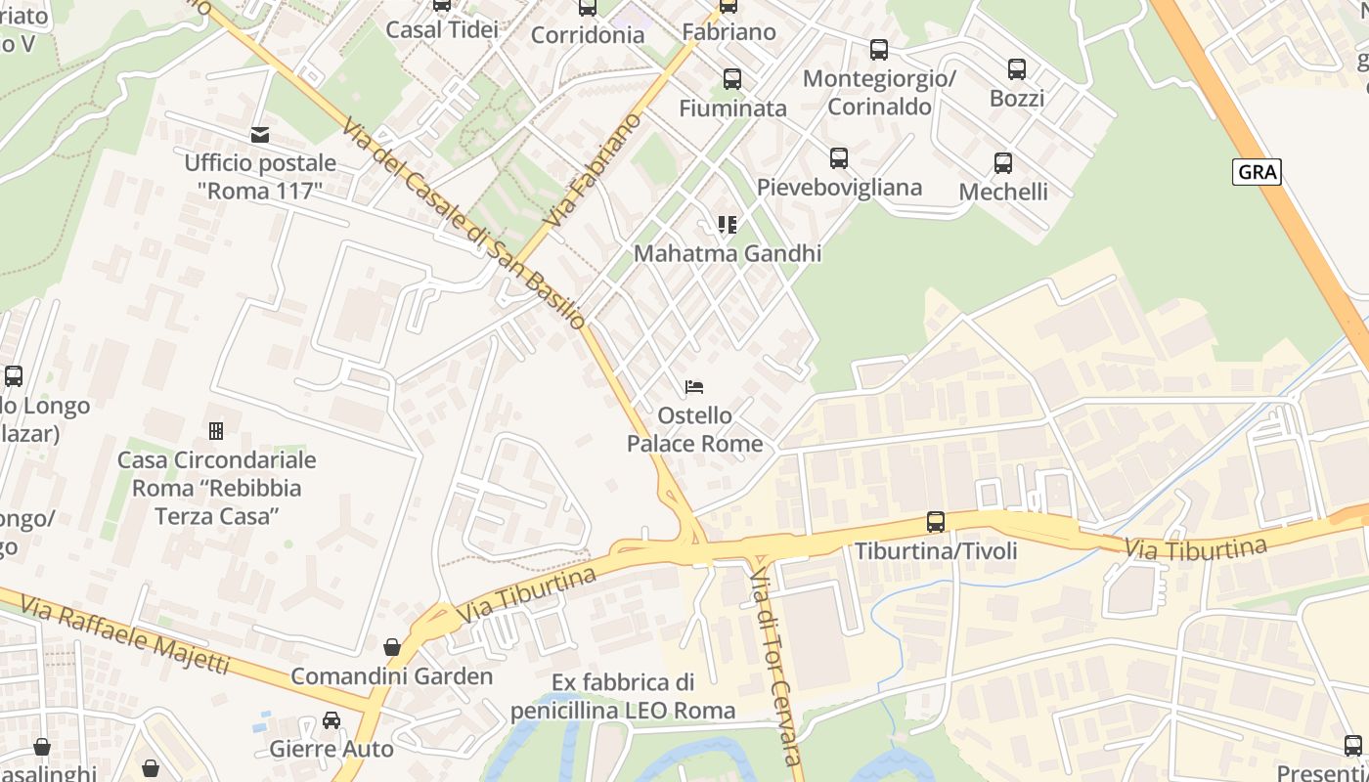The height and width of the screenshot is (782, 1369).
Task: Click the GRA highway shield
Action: point(1257,172)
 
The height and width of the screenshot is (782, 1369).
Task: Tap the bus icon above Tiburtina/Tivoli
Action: point(936,522)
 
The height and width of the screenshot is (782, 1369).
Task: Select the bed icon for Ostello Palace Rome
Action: point(694,387)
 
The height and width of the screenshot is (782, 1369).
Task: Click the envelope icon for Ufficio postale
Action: point(260,135)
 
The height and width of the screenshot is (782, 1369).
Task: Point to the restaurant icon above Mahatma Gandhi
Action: point(727,225)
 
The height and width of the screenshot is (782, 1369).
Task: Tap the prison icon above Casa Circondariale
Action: point(216,430)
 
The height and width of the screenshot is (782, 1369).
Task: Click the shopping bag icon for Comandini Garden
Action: point(392,647)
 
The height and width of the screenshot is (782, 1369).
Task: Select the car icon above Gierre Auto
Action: point(331,720)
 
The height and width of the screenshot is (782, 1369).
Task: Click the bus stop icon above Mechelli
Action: point(1003,163)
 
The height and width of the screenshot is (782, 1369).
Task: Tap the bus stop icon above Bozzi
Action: point(1017,69)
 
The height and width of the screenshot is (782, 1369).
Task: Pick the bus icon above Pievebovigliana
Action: point(839,158)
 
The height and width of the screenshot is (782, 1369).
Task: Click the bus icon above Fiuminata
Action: point(732,79)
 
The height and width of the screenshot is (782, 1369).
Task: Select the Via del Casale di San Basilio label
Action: point(464,224)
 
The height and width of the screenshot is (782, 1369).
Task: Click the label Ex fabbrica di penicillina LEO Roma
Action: point(623,696)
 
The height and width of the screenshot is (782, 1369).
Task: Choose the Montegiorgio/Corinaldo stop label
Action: point(879,92)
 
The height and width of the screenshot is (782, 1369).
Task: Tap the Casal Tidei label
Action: point(442,29)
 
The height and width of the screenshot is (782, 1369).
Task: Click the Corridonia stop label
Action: point(588,35)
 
